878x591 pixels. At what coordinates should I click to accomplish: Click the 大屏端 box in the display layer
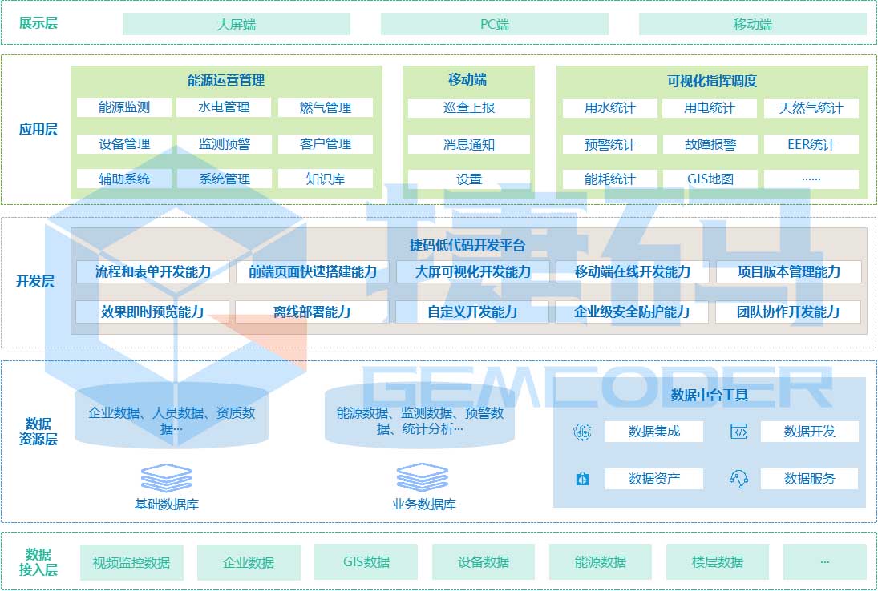[x=237, y=24]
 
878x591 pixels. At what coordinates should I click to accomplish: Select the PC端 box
[x=495, y=24]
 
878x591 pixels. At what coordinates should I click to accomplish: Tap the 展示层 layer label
[x=38, y=23]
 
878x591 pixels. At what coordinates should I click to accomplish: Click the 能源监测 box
[x=124, y=107]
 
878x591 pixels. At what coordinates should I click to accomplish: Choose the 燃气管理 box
[x=326, y=107]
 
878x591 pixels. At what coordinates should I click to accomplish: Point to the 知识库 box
[x=326, y=179]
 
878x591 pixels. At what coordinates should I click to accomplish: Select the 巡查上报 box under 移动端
[x=469, y=108]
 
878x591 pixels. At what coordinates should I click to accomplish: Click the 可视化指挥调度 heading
[x=712, y=81]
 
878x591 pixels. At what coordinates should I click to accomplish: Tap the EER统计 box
[x=811, y=144]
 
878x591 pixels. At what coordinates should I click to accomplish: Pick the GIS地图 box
[x=710, y=179]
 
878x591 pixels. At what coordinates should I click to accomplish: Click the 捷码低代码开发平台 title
[x=467, y=245]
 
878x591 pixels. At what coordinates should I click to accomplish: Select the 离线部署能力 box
[x=312, y=312]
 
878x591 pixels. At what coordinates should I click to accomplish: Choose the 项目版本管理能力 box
[x=789, y=271]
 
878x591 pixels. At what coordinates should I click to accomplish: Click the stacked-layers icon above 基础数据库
[x=167, y=478]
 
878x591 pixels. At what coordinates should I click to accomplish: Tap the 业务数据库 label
[x=424, y=505]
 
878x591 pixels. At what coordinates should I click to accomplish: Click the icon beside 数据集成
[x=582, y=432]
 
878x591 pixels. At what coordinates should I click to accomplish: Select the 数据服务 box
[x=809, y=479]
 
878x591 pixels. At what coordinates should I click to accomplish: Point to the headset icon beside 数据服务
[x=738, y=479]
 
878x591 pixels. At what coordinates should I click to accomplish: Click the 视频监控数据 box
[x=131, y=562]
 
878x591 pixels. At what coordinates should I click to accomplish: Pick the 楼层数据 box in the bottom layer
[x=718, y=562]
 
